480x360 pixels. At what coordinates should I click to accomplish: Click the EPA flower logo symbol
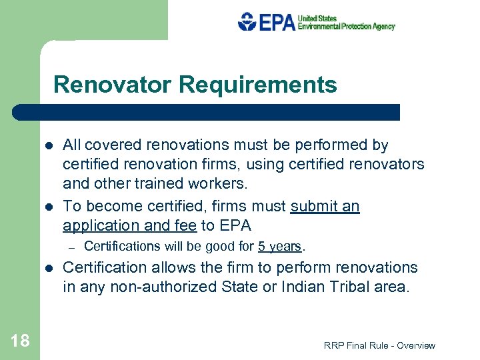click(247, 22)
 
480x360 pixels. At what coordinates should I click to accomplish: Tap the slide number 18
click(20, 341)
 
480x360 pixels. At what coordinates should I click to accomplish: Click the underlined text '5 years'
click(280, 246)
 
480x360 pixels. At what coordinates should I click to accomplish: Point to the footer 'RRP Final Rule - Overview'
click(379, 345)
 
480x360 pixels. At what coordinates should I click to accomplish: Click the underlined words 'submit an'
click(325, 207)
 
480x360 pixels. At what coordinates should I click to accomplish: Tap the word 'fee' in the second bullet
click(184, 225)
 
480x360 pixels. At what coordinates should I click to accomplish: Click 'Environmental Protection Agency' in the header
click(347, 27)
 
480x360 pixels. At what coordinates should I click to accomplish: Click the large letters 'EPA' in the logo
click(277, 22)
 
